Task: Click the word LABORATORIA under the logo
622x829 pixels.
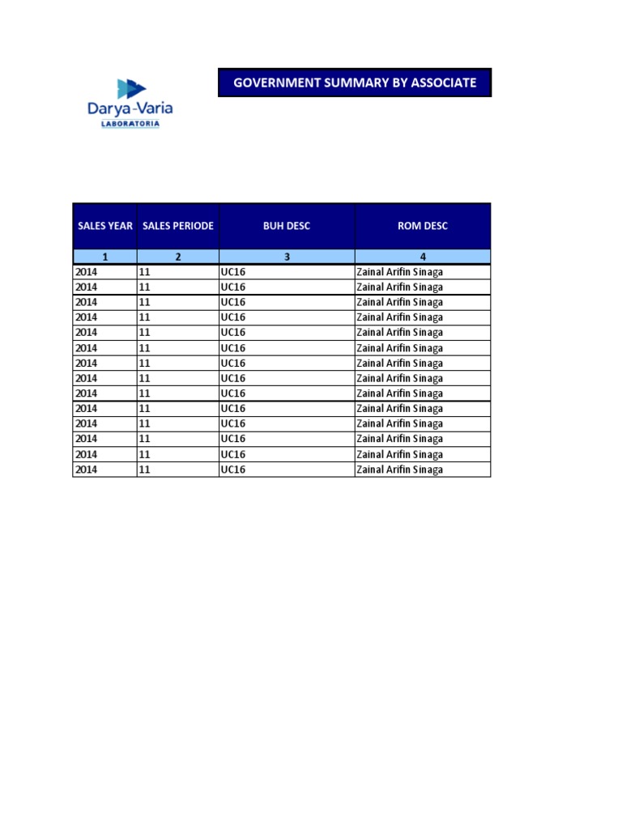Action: click(130, 124)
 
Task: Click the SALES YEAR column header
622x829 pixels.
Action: click(105, 226)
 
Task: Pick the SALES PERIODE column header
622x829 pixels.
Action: click(178, 226)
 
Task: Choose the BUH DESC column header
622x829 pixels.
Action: click(287, 226)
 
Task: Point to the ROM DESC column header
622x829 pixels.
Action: click(423, 226)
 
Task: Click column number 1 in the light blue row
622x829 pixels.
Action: click(105, 257)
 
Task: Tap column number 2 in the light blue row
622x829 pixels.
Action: click(178, 257)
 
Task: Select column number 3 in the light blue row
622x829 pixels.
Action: click(287, 257)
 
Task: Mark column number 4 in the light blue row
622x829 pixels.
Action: click(423, 257)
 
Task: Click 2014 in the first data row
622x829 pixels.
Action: click(86, 272)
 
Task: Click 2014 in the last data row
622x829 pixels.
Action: click(86, 470)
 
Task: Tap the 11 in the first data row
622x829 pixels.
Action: click(145, 272)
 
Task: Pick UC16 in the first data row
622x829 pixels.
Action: click(232, 272)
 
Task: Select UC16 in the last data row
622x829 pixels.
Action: click(232, 470)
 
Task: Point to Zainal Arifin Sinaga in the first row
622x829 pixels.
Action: click(399, 272)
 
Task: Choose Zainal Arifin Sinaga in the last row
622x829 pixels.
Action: click(399, 470)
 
